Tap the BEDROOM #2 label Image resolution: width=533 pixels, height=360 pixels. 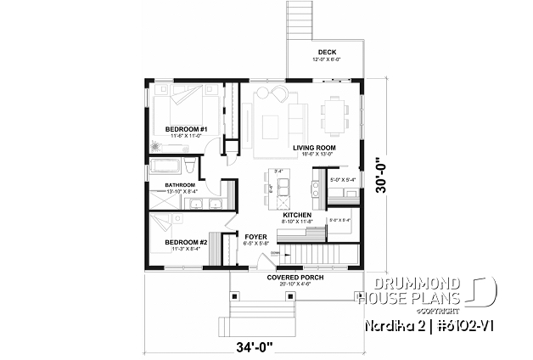pos(183,241)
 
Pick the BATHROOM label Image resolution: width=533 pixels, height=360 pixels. pos(180,184)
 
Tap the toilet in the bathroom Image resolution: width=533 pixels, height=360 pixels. pos(194,165)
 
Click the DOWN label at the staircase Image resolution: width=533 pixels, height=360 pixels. pos(275,253)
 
